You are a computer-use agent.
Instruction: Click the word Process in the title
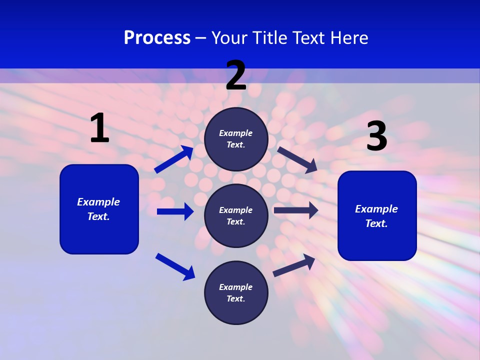click(157, 38)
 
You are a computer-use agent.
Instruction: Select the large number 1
click(99, 128)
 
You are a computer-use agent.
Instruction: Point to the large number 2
click(236, 76)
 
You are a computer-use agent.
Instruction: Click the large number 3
click(376, 137)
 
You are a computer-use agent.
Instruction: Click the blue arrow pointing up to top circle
click(174, 159)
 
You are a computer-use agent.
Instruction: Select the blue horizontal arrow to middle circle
click(175, 211)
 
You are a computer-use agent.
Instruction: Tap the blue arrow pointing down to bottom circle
click(175, 266)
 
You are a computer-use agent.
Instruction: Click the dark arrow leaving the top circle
click(297, 159)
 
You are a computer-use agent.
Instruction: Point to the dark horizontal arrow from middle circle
click(296, 210)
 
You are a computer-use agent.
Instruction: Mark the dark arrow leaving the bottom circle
click(294, 265)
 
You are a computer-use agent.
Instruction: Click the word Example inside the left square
click(98, 202)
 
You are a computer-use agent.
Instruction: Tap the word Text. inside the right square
click(376, 223)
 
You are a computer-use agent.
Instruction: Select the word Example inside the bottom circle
click(236, 287)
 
